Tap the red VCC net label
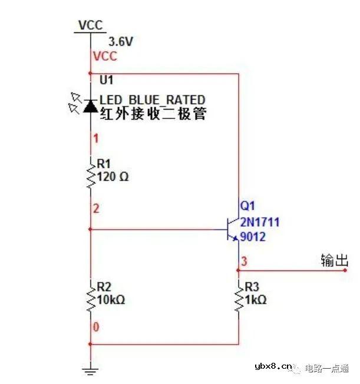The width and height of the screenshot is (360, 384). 105,57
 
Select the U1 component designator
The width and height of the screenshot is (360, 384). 105,78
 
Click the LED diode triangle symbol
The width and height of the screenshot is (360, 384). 90,106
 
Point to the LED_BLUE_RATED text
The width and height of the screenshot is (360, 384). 152,100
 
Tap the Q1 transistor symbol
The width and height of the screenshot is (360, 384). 233,229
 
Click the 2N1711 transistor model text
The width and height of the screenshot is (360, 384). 259,222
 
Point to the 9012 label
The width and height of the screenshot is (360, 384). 253,237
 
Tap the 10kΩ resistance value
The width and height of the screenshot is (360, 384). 111,300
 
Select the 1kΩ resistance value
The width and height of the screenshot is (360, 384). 256,300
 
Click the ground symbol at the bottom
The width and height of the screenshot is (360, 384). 90,369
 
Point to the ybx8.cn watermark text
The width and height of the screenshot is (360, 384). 273,367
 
